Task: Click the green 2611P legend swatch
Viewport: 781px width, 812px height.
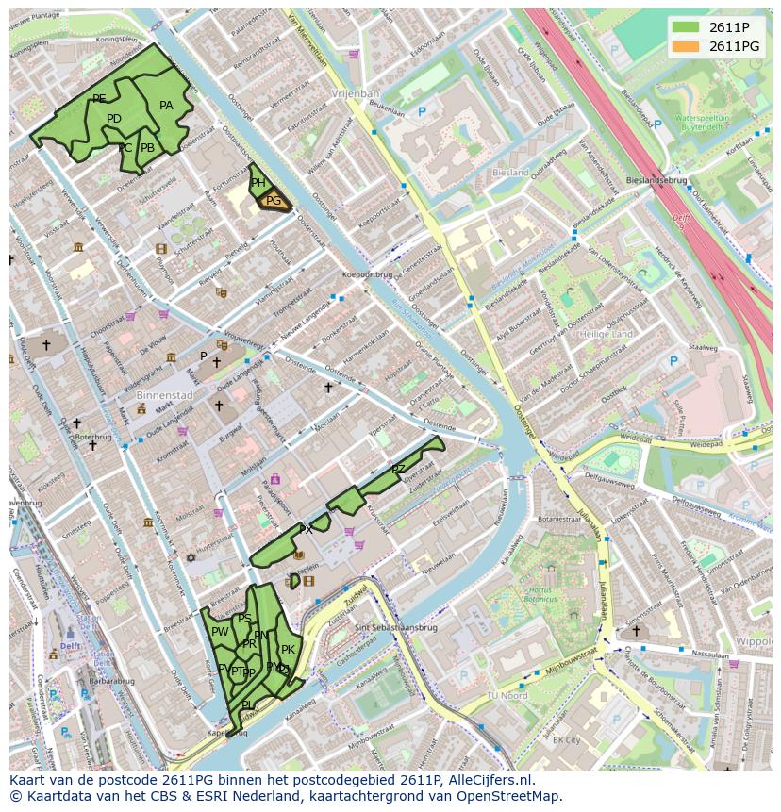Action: [686, 26]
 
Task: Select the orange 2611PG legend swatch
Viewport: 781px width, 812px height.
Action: [686, 45]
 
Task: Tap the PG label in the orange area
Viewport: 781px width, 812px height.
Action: [273, 201]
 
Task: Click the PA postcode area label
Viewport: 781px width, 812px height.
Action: [166, 106]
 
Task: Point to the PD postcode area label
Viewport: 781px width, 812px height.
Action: [114, 119]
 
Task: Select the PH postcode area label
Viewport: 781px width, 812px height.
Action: [258, 184]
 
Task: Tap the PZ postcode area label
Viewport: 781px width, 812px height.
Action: [398, 469]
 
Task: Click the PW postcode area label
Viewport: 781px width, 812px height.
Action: [220, 632]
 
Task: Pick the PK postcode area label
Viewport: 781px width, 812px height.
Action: [288, 650]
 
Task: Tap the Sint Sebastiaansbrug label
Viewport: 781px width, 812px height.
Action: [395, 626]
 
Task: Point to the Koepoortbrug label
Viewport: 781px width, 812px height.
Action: [367, 274]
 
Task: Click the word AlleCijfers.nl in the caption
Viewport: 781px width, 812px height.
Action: [489, 780]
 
